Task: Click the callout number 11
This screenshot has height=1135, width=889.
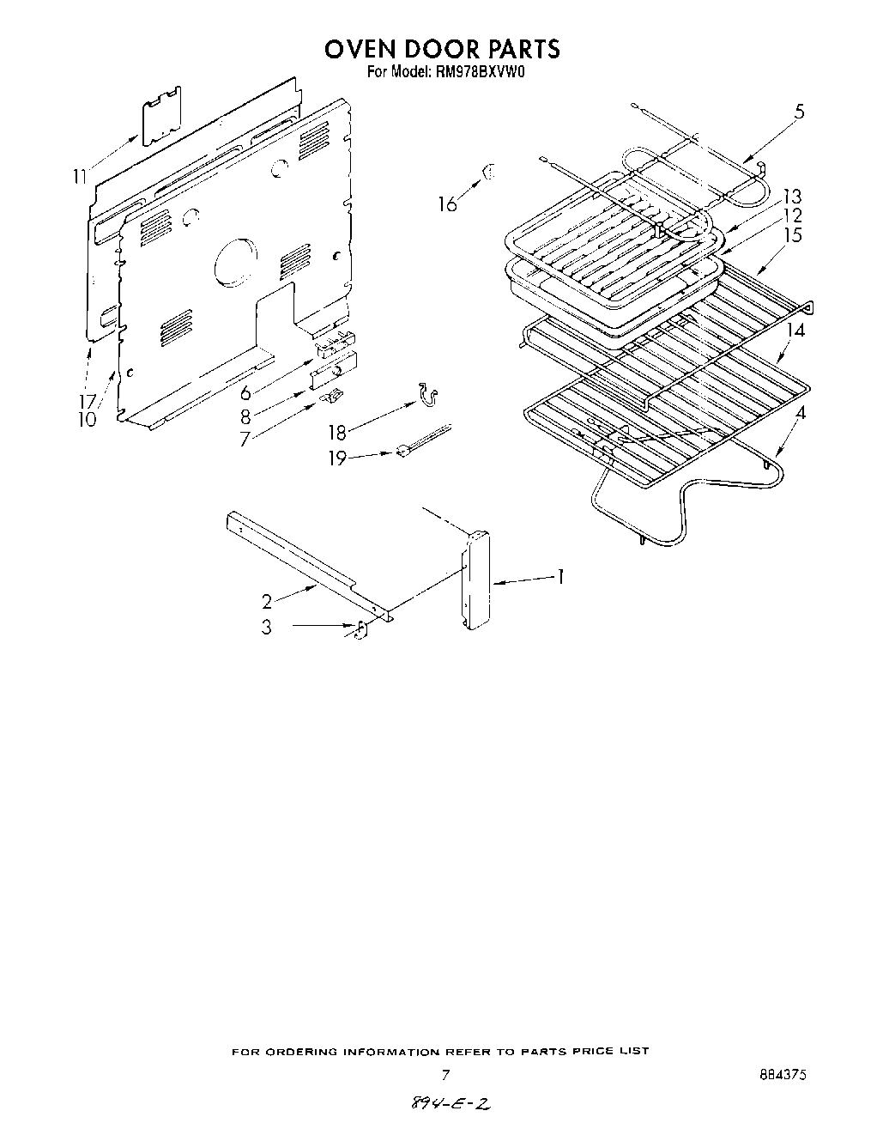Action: pos(80,177)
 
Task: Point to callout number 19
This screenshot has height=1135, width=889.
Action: pos(337,458)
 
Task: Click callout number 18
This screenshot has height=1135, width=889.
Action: pos(337,433)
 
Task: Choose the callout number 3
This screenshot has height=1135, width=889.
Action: pos(267,628)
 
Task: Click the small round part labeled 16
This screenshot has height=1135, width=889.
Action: pos(489,173)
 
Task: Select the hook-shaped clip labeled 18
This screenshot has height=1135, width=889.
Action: pos(428,394)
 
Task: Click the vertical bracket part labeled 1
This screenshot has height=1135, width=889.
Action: pos(475,582)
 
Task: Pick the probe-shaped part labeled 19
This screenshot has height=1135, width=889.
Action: pos(422,440)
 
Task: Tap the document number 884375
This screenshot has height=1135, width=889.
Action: pos(782,1074)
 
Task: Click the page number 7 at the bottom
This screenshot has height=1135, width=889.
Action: pos(444,1074)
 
